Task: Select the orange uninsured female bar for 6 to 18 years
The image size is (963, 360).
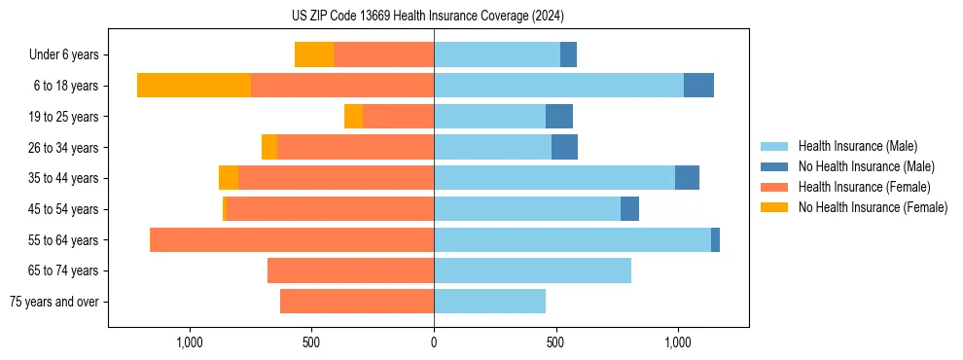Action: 194,86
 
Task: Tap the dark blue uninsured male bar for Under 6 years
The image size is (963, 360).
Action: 568,54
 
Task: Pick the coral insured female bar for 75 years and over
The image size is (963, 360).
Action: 357,302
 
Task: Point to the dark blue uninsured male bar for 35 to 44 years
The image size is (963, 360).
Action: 687,178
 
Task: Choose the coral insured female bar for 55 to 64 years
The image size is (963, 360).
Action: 292,239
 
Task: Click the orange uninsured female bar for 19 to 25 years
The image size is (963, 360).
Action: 353,117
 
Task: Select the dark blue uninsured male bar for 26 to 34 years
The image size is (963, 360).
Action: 564,147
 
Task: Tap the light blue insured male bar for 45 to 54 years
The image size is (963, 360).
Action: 527,209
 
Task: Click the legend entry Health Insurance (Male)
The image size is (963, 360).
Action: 857,146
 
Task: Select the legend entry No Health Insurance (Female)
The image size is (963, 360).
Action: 873,207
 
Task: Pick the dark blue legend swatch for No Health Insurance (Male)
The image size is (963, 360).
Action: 775,166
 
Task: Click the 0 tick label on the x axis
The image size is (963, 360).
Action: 434,342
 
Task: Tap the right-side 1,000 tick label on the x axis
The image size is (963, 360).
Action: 678,342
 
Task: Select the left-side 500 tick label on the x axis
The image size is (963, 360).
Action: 311,342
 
